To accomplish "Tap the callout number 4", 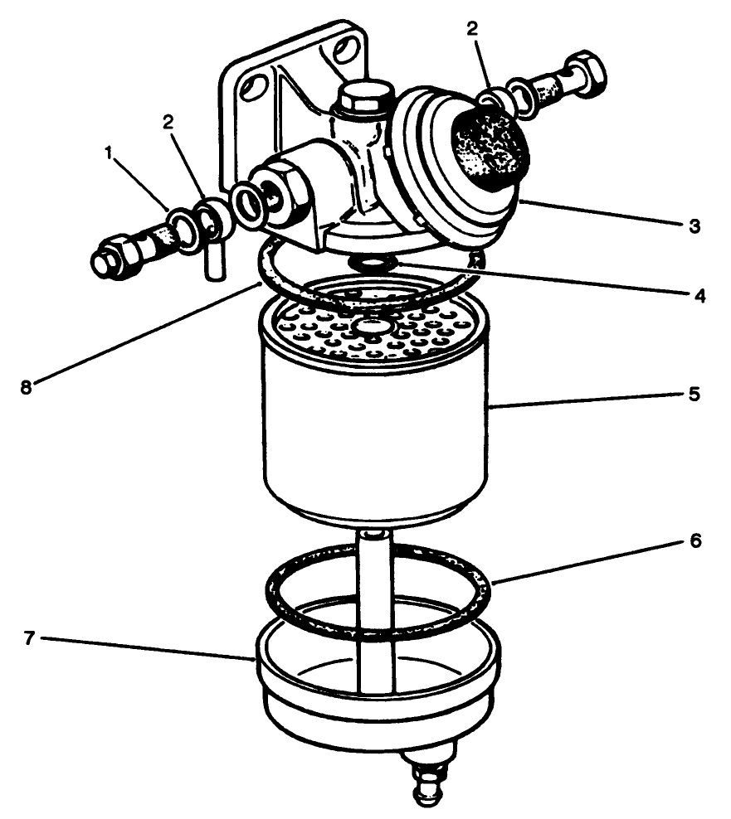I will pos(699,295).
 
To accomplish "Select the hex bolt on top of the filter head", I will pos(363,97).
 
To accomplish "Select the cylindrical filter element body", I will pos(373,439).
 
